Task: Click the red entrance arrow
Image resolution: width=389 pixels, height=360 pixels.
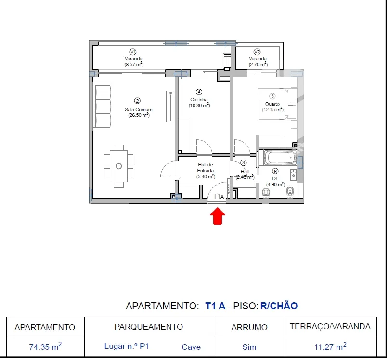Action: pyautogui.click(x=218, y=216)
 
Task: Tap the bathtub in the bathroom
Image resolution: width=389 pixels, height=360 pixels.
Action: pyautogui.click(x=280, y=158)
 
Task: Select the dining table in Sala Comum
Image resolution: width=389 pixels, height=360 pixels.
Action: pyautogui.click(x=118, y=166)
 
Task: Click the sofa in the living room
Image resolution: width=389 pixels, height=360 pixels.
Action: pyautogui.click(x=102, y=107)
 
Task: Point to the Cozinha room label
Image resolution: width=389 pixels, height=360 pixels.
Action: pyautogui.click(x=199, y=99)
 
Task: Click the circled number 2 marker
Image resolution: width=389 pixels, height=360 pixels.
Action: pyautogui.click(x=137, y=101)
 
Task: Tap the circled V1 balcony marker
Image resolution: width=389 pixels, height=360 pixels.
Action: pyautogui.click(x=133, y=52)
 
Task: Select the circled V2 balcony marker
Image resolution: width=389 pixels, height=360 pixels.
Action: pyautogui.click(x=257, y=52)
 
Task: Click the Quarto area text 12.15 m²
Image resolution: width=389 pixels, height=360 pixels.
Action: pyautogui.click(x=272, y=109)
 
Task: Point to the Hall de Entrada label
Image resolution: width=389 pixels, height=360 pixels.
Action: pyautogui.click(x=206, y=167)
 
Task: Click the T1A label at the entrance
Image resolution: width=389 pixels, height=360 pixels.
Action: pyautogui.click(x=219, y=197)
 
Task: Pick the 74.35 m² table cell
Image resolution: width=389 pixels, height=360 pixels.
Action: pyautogui.click(x=45, y=347)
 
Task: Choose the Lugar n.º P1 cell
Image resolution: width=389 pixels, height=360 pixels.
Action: pyautogui.click(x=127, y=347)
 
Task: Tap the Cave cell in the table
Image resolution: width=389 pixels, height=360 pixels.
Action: pyautogui.click(x=191, y=347)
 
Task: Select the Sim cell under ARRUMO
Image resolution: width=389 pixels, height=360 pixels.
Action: pyautogui.click(x=249, y=347)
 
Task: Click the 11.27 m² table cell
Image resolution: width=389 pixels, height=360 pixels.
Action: pyautogui.click(x=330, y=347)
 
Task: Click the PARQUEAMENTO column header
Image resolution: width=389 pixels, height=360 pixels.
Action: pyautogui.click(x=149, y=327)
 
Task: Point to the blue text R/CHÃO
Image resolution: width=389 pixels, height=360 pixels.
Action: pyautogui.click(x=279, y=306)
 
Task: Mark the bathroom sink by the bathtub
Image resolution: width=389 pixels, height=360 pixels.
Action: pyautogui.click(x=293, y=175)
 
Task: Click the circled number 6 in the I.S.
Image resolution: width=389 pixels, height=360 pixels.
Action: pyautogui.click(x=275, y=171)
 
